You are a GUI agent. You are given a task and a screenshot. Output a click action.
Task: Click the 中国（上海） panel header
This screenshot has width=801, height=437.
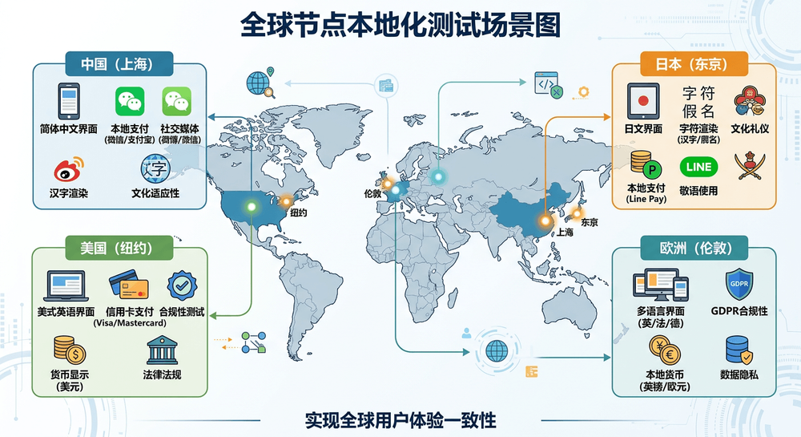point(119,64)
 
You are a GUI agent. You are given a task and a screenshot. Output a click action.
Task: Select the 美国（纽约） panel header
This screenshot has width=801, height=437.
point(119,248)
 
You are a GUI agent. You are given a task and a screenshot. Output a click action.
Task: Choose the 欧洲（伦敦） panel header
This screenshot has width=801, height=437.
point(694,248)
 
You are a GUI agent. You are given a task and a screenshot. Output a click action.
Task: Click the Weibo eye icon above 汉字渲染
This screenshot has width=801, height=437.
point(68,170)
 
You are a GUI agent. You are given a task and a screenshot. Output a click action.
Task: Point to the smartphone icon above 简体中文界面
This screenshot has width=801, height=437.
point(68,101)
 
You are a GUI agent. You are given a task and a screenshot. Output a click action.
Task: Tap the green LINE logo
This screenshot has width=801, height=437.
point(698,167)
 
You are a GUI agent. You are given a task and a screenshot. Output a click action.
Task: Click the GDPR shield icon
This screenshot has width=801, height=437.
point(739,284)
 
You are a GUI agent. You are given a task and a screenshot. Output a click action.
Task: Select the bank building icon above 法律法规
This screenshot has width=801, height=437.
point(162,350)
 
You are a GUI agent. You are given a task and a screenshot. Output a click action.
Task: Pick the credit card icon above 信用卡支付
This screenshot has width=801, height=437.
point(129,284)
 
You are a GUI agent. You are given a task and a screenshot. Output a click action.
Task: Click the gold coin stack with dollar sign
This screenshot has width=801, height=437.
point(70,350)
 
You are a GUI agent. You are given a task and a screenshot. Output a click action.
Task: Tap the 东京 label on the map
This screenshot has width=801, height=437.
point(590,222)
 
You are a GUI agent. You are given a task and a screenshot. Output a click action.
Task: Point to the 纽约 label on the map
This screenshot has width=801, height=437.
point(298,212)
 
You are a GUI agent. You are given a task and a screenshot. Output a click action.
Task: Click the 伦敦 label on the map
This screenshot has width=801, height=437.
point(373,194)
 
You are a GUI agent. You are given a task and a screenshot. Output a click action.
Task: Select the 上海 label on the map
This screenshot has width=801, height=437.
point(565,232)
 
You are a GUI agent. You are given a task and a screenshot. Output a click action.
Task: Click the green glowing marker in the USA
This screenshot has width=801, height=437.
point(252,207)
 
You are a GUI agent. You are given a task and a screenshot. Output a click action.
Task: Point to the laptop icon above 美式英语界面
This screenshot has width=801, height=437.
point(66,285)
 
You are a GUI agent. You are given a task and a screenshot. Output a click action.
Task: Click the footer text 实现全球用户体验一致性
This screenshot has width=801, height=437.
point(400,420)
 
